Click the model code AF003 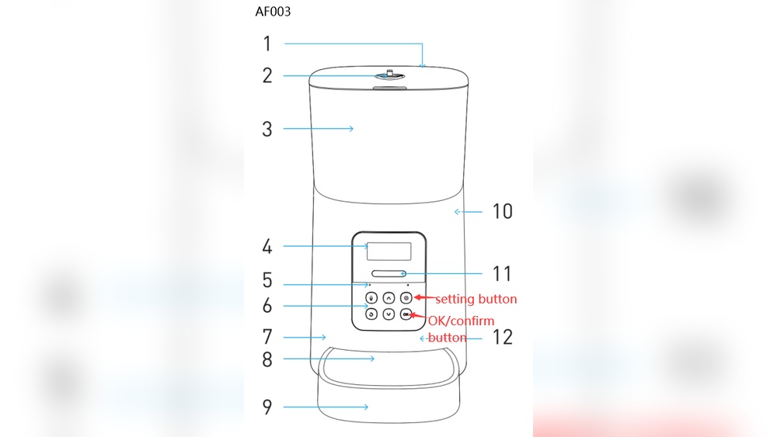point(273,12)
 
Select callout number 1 point(267,43)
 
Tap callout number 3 point(267,129)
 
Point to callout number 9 point(267,407)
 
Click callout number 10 point(503,211)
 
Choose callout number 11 point(503,274)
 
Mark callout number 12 point(503,338)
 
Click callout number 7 point(267,338)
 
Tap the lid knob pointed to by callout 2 point(388,75)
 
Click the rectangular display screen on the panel point(388,251)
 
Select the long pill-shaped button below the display point(388,273)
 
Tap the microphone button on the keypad point(371,297)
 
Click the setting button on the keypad point(406,297)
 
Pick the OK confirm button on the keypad point(406,314)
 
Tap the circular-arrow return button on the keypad point(371,314)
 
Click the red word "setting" point(454,299)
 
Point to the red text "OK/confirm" point(462,321)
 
